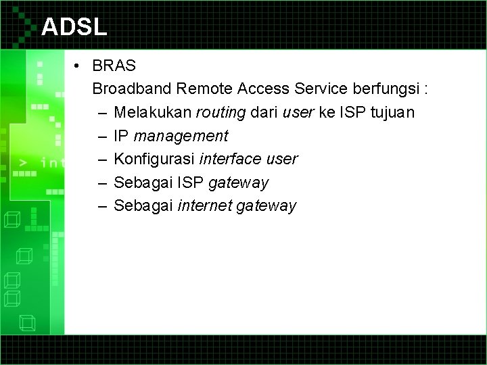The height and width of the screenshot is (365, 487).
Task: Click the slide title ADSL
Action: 74,26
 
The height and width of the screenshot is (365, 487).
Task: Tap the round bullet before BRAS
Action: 79,66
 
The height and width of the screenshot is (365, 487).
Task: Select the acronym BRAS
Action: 114,66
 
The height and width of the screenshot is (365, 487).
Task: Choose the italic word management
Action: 181,136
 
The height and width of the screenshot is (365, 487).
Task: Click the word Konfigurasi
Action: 154,160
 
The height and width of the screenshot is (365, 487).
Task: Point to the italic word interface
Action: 229,160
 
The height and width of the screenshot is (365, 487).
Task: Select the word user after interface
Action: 281,160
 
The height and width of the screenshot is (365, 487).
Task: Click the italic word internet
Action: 203,206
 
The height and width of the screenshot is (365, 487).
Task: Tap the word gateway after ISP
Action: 238,183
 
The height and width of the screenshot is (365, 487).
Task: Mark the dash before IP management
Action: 101,136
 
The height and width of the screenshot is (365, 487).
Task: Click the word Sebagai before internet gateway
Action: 143,206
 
